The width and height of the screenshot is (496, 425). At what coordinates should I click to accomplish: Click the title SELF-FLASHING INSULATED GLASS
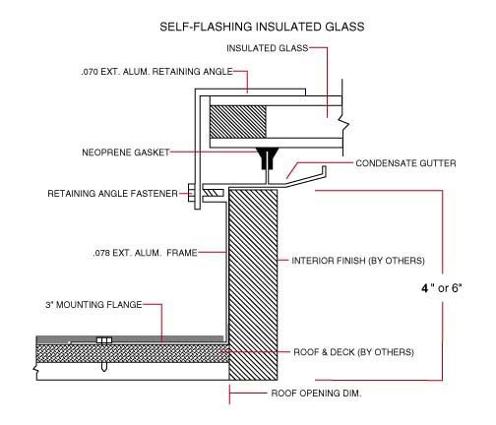[262, 27]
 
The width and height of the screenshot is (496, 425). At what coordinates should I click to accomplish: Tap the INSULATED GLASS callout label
[268, 48]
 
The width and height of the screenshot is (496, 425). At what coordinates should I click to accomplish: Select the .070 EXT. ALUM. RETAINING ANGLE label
[156, 72]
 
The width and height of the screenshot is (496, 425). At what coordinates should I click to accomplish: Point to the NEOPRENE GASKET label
[126, 152]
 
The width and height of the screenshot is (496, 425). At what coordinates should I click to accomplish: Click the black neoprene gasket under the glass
[268, 157]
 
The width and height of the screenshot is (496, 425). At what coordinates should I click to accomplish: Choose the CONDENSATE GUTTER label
[405, 163]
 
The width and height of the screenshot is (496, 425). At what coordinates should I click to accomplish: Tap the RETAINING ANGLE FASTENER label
[112, 194]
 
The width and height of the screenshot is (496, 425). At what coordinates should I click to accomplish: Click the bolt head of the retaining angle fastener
[191, 193]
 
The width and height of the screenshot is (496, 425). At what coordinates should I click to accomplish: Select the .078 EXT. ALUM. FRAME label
[145, 253]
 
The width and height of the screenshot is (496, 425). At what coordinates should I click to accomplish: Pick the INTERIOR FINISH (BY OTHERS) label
[358, 261]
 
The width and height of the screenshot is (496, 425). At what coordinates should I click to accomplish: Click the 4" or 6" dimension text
[442, 288]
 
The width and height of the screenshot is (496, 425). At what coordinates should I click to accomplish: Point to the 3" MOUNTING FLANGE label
[93, 305]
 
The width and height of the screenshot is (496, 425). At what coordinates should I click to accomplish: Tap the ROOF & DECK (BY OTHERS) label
[353, 352]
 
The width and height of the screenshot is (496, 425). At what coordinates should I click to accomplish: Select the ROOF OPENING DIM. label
[316, 394]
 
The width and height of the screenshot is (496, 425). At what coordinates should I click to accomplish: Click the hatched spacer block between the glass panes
[238, 122]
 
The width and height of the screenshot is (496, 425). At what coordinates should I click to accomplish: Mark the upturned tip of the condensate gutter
[324, 168]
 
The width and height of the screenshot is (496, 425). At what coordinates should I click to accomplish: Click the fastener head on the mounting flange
[104, 340]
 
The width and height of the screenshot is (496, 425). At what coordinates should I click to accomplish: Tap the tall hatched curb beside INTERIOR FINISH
[253, 284]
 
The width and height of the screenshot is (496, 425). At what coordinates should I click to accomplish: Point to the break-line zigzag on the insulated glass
[345, 122]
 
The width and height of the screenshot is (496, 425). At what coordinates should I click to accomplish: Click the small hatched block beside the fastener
[214, 193]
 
